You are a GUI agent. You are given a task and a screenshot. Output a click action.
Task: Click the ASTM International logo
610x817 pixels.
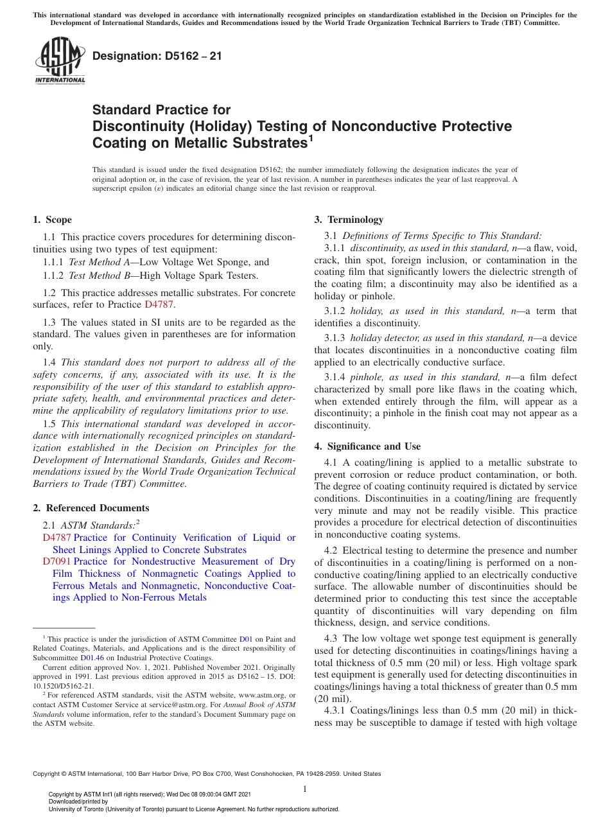click(60, 61)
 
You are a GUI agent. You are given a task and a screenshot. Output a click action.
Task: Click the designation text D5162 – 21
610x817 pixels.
click(157, 56)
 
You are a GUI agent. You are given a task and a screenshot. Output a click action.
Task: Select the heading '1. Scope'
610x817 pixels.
click(53, 220)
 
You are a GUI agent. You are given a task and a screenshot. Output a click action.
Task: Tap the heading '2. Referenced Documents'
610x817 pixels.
click(91, 508)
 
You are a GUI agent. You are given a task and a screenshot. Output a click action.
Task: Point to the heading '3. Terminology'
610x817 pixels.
click(349, 220)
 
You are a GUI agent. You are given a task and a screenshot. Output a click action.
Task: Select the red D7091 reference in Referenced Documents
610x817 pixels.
click(57, 561)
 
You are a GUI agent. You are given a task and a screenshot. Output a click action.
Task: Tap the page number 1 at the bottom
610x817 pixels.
click(306, 789)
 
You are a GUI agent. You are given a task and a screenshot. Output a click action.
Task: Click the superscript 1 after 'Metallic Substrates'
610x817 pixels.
click(310, 137)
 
